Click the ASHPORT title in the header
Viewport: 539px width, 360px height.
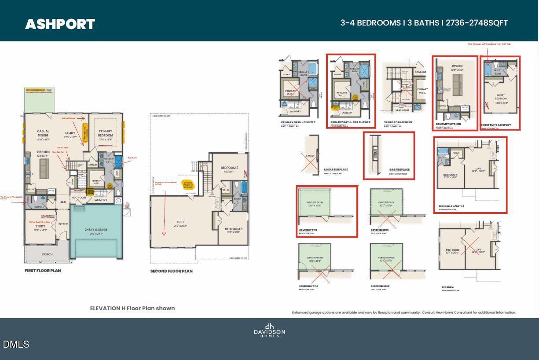tap(60, 24)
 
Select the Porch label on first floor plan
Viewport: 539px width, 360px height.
tap(47, 254)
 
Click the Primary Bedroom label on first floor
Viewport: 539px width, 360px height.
tap(105, 133)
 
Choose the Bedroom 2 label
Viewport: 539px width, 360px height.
tap(229, 168)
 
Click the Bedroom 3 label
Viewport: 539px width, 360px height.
tap(233, 229)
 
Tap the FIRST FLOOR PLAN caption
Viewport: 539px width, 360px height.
tap(43, 271)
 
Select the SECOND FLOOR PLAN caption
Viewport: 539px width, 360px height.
tap(171, 271)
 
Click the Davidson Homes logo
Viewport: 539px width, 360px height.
tap(269, 331)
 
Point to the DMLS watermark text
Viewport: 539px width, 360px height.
tap(16, 344)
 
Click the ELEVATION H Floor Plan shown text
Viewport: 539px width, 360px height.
tap(132, 309)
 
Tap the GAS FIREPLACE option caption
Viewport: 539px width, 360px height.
tap(399, 169)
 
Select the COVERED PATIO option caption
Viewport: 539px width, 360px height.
tap(309, 230)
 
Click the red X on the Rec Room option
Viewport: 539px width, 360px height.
tap(469, 249)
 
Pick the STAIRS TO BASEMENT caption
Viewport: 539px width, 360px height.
tap(398, 122)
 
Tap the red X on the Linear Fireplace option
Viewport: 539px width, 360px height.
tap(311, 162)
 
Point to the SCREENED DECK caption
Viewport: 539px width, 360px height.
tap(380, 287)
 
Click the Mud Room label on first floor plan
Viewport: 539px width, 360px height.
tap(79, 198)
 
